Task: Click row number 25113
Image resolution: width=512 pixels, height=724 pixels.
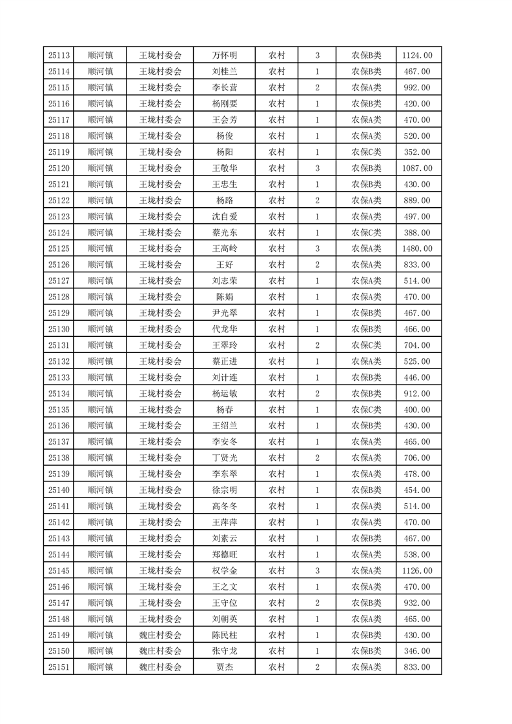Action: (59, 55)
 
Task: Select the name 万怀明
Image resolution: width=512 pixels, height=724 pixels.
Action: (225, 55)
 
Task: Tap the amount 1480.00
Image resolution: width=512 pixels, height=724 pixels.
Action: (418, 248)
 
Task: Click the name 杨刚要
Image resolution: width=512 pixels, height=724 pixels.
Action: (225, 104)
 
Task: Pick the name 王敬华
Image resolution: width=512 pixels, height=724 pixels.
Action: (225, 168)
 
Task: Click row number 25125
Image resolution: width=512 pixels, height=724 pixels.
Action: (59, 248)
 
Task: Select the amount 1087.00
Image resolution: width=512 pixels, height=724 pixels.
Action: (418, 168)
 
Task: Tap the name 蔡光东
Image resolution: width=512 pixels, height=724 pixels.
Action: (225, 232)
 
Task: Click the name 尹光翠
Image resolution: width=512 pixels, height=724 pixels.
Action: (225, 313)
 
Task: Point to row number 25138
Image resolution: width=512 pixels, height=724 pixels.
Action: (59, 458)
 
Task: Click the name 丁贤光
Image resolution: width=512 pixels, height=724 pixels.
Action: (225, 458)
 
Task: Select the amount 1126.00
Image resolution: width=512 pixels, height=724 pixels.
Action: (418, 570)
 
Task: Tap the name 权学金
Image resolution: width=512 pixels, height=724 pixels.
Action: (225, 570)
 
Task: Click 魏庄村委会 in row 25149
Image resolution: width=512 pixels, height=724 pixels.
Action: (161, 635)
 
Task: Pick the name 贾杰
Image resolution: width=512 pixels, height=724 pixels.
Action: (225, 667)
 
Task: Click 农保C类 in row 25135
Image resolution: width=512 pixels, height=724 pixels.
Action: (366, 410)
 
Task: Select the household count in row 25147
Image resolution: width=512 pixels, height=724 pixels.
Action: (317, 603)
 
